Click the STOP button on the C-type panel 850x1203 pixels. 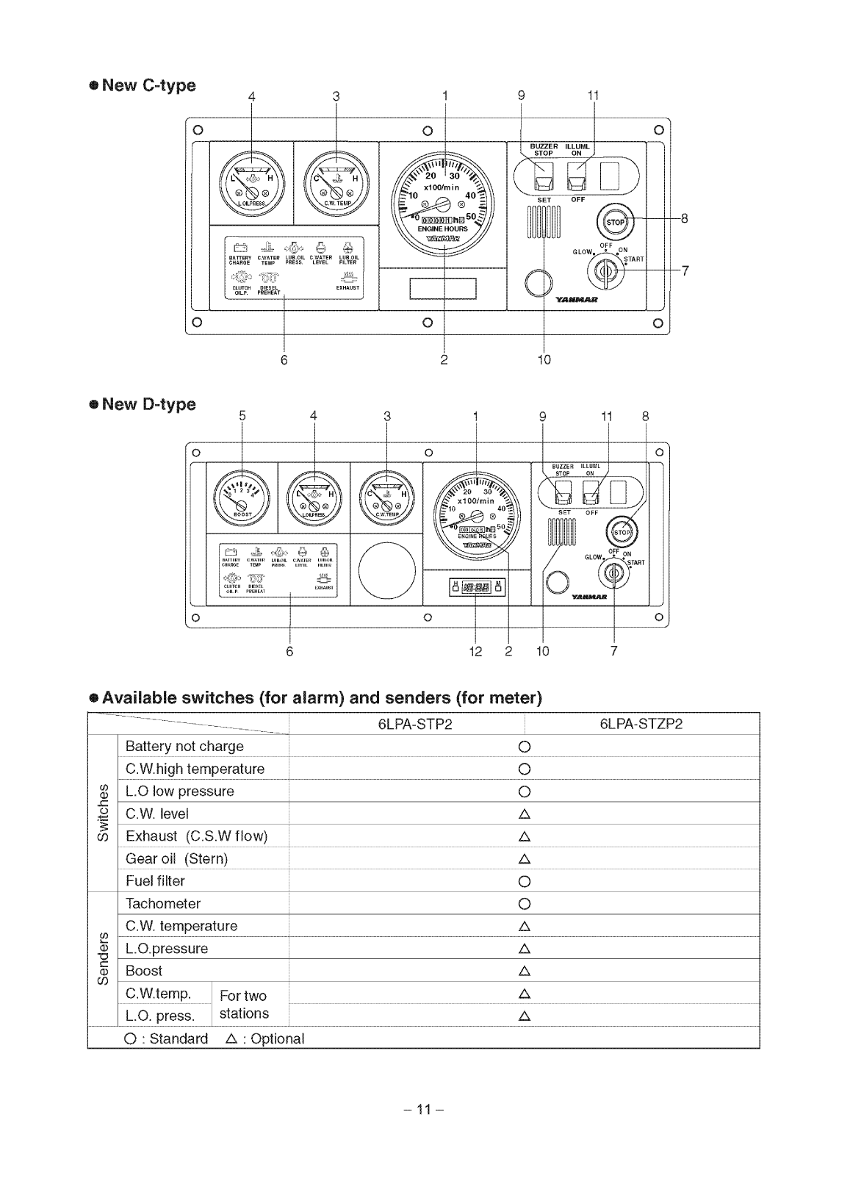[x=615, y=222]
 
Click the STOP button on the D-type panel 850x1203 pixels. [x=622, y=531]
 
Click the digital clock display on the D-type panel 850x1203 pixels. [x=476, y=587]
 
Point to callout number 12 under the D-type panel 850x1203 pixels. [x=475, y=651]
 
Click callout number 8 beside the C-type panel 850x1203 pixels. [x=684, y=218]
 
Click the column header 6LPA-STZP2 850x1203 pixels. [x=641, y=724]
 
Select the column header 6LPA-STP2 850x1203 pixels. [x=415, y=724]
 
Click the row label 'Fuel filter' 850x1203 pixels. [x=155, y=880]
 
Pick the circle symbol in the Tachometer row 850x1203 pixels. [x=524, y=903]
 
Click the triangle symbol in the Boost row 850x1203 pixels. [x=524, y=971]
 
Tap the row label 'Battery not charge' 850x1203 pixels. [x=184, y=746]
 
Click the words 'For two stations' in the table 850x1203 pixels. [x=244, y=1005]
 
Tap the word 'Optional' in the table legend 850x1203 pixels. [x=277, y=1038]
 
